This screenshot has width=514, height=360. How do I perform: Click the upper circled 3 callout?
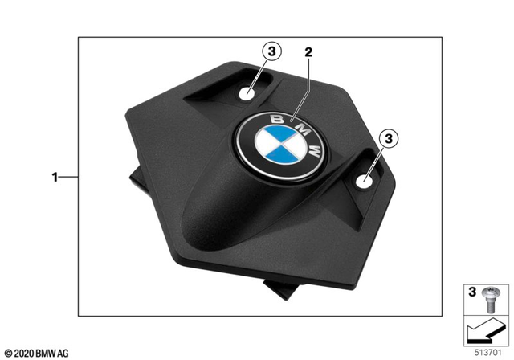pyautogui.click(x=272, y=51)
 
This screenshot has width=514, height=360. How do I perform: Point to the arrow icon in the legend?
pyautogui.click(x=484, y=329)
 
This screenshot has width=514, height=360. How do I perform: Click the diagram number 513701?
pyautogui.click(x=485, y=351)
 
